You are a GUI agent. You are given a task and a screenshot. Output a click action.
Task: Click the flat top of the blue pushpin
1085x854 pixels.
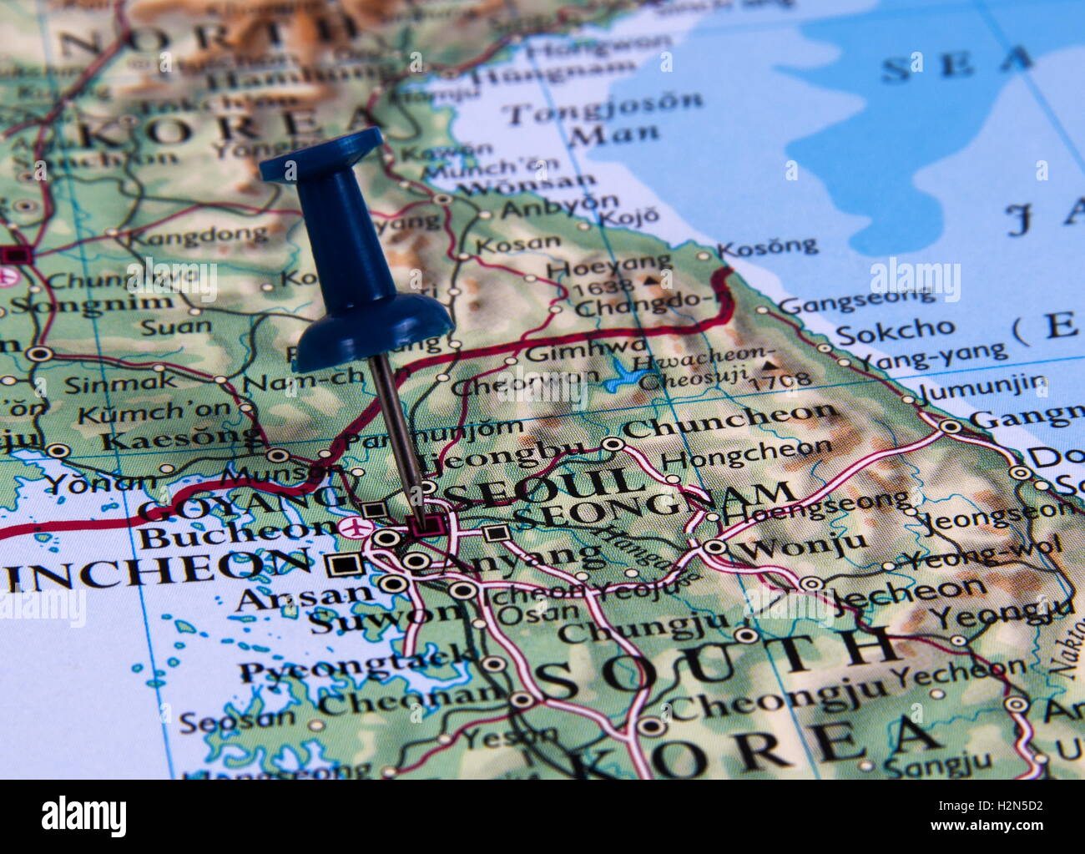coord(321,154)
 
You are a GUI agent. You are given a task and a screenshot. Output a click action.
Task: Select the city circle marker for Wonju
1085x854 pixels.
coord(715,548)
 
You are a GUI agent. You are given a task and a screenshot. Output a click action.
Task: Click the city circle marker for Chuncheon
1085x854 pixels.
coord(613,444)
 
